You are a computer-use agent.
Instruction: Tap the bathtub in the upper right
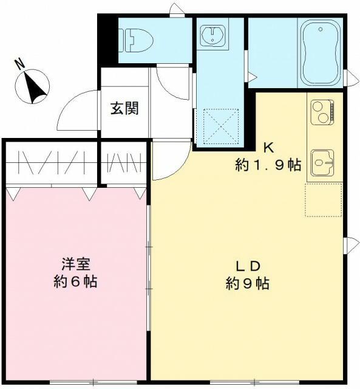point(321,53)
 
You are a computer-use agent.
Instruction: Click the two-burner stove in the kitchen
point(321,112)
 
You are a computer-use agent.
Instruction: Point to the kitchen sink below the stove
point(322,161)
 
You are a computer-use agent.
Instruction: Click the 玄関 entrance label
point(124,109)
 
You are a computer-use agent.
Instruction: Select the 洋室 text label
point(76,264)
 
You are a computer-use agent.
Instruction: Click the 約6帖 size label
point(76,282)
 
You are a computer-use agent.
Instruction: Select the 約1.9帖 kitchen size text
point(268,165)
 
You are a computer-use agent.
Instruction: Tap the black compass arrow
point(36,86)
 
